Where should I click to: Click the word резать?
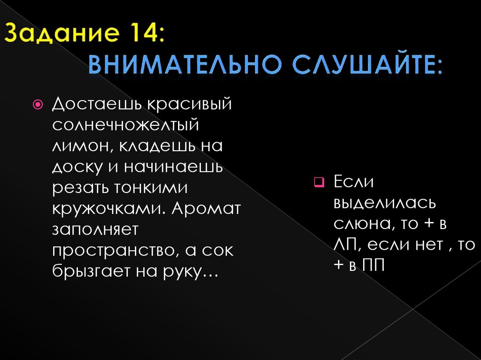point(78,188)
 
